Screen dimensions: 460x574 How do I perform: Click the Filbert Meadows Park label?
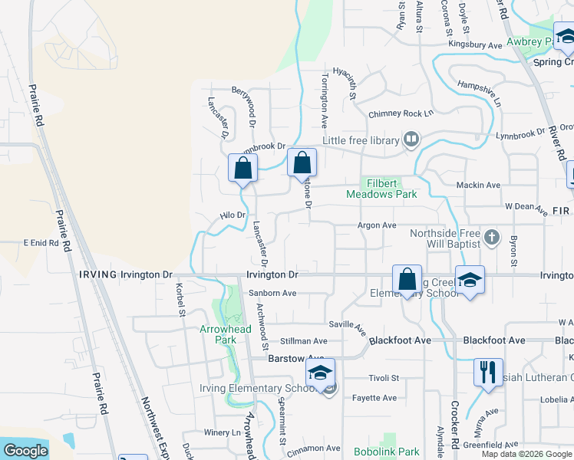coord(391,189)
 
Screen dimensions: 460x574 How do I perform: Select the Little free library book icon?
coord(411,140)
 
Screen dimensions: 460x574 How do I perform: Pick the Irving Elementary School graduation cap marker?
coord(319,373)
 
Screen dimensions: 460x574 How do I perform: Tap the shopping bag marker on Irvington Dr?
coord(407,278)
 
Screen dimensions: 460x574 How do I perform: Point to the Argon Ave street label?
coord(377,225)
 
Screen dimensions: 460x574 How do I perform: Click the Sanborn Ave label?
coord(272,293)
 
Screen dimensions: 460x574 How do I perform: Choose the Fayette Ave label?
coord(374,398)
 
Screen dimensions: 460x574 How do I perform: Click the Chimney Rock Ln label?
coord(401,113)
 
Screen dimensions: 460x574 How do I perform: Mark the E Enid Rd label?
coord(41,242)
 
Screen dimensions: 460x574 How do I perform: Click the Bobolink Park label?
coord(387,452)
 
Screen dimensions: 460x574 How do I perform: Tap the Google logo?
coord(25,451)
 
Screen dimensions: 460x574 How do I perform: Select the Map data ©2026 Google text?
coord(526,454)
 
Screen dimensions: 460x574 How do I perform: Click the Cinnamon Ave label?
coord(312,448)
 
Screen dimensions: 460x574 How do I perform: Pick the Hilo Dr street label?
coord(232,216)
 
